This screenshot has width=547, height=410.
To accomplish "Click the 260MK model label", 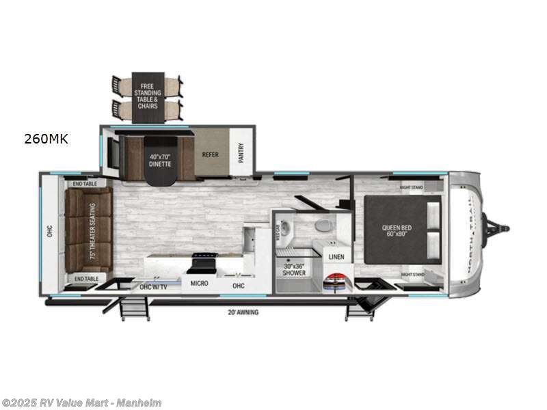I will coord(46,139).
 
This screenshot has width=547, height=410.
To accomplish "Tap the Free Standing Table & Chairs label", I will coord(148,96).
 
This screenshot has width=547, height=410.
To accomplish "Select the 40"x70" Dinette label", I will coord(161,160).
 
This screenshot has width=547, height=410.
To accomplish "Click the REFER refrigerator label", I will coord(210,154).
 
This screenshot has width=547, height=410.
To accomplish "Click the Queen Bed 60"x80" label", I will coord(397,230).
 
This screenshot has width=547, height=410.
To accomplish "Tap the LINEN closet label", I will coord(336,257).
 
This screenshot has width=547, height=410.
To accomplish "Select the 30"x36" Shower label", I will coord(295,270).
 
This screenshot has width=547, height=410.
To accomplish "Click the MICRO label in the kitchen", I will coord(199,283).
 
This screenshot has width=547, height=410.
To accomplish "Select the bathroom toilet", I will coord(323,225).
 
